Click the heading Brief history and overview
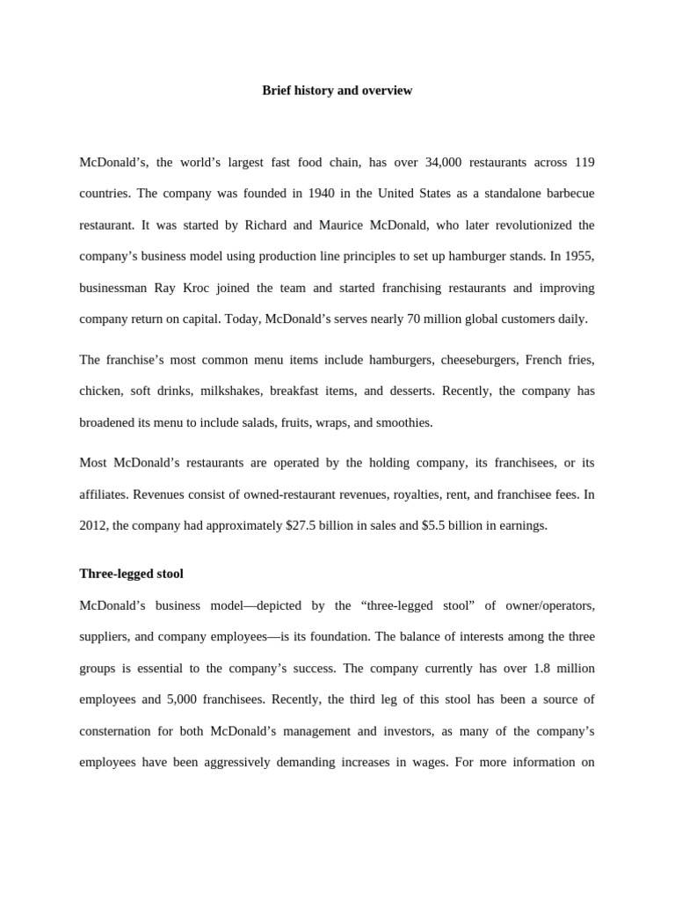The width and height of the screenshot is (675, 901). [337, 91]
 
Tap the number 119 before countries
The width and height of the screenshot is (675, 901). [584, 163]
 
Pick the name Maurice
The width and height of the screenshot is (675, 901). [341, 225]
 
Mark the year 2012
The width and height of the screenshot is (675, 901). [93, 526]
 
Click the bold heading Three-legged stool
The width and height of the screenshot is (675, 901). [131, 574]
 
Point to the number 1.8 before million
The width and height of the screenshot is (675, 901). [542, 669]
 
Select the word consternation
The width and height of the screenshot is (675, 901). [120, 731]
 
